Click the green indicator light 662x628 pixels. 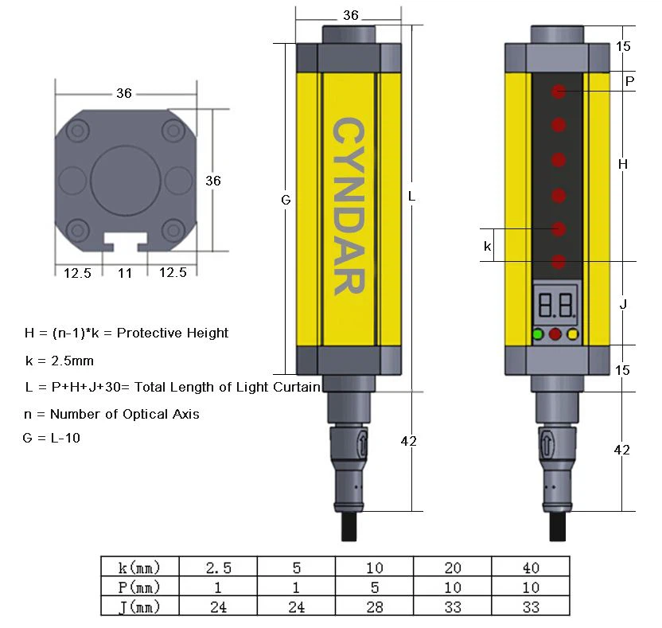[537, 334]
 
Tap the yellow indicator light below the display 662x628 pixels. [572, 334]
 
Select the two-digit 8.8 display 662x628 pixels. [556, 305]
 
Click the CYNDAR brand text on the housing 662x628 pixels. [349, 206]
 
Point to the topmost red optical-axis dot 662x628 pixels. [559, 92]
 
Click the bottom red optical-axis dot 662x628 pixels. [559, 262]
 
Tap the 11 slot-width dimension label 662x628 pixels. [125, 273]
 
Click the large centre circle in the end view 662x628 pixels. [126, 181]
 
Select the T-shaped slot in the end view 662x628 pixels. [126, 242]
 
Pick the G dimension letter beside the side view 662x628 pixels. [286, 200]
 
